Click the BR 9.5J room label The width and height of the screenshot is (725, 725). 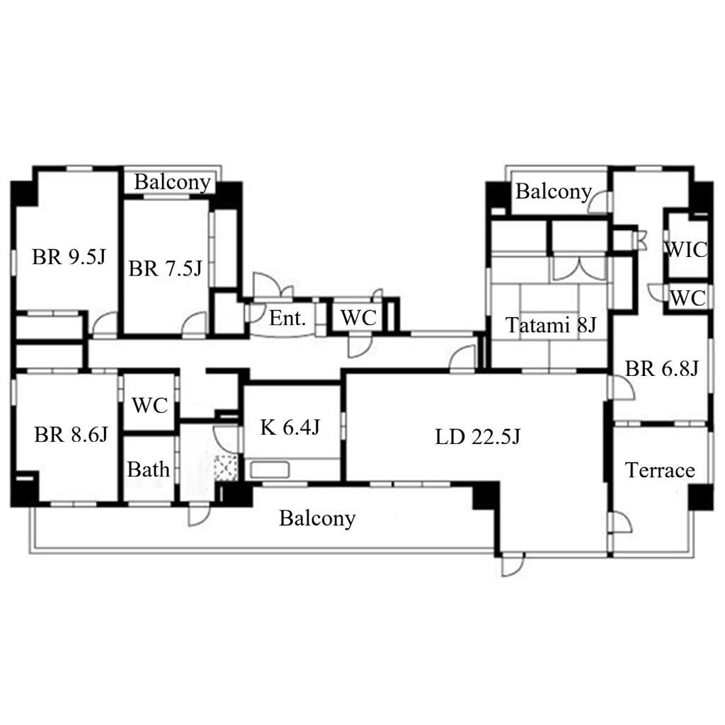click(69, 256)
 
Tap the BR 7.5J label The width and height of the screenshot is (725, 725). click(165, 268)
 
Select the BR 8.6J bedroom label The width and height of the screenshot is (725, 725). click(71, 435)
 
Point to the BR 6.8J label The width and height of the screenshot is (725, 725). click(662, 368)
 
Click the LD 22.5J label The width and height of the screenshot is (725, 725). click(478, 436)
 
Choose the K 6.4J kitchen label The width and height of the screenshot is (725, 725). click(290, 427)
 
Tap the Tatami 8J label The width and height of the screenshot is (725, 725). click(551, 325)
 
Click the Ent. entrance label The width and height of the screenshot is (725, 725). click(287, 318)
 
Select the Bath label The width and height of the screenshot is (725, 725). click(149, 470)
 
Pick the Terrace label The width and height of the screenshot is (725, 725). click(660, 470)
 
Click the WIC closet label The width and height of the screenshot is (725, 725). click(686, 250)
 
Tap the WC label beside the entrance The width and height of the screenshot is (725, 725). click(359, 318)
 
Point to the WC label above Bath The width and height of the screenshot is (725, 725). click(149, 405)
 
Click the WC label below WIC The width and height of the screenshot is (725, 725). click(687, 298)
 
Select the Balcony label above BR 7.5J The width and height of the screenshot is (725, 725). click(173, 182)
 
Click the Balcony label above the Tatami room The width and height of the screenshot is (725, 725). click(554, 191)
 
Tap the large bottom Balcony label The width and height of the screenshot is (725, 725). click(317, 518)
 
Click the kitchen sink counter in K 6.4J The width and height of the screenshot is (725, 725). click(270, 470)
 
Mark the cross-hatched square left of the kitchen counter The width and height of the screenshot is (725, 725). click(226, 468)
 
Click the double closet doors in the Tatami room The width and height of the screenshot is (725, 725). click(579, 268)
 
